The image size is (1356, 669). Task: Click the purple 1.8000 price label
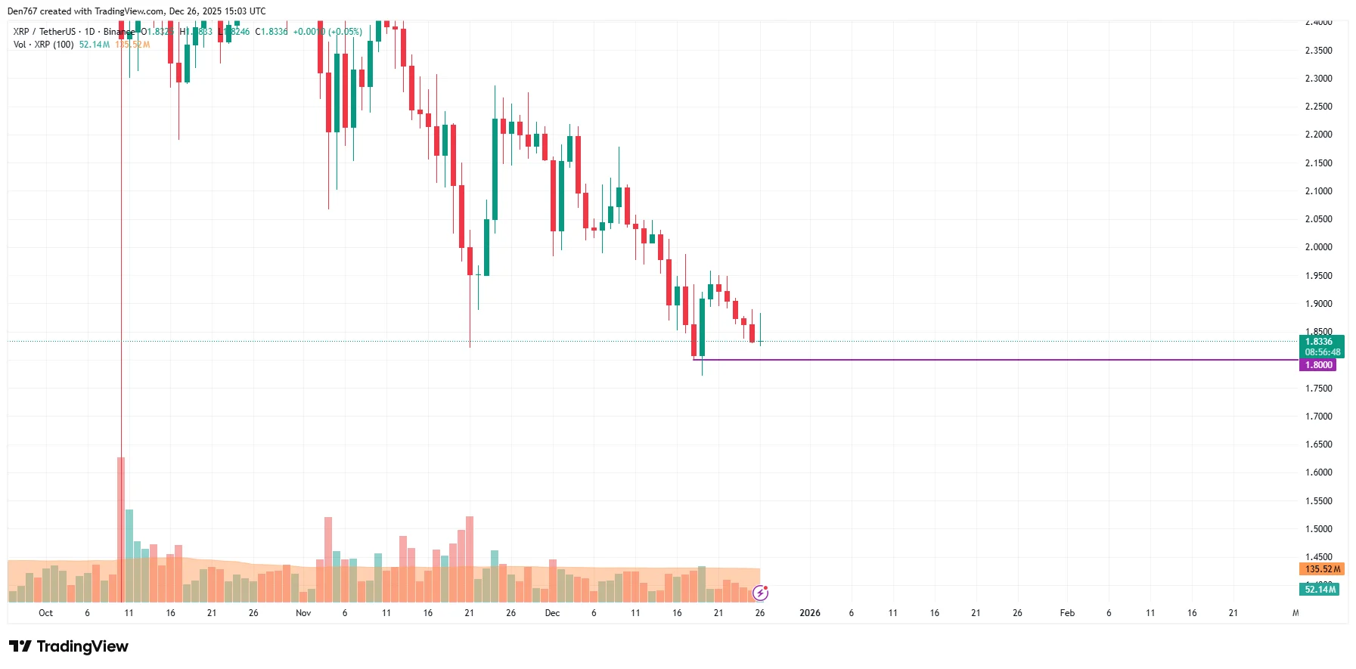pyautogui.click(x=1318, y=365)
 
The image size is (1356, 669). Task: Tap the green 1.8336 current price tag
pyautogui.click(x=1321, y=342)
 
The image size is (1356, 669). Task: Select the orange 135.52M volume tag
pyautogui.click(x=1322, y=569)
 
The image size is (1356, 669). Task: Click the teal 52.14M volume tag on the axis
pyautogui.click(x=1320, y=590)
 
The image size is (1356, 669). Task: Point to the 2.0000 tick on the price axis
pyautogui.click(x=1318, y=247)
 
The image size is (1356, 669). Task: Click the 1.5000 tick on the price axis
pyautogui.click(x=1318, y=529)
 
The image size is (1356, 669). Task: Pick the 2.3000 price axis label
pyautogui.click(x=1318, y=79)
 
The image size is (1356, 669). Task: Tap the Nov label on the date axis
pyautogui.click(x=303, y=613)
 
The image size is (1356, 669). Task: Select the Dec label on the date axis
pyautogui.click(x=552, y=613)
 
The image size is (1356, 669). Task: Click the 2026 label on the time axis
pyautogui.click(x=810, y=613)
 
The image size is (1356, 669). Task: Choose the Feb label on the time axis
pyautogui.click(x=1067, y=613)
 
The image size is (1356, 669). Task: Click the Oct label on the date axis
pyautogui.click(x=45, y=613)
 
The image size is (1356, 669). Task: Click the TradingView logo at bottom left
pyautogui.click(x=69, y=646)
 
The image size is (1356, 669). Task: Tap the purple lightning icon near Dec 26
pyautogui.click(x=761, y=593)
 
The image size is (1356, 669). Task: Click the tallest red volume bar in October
pyautogui.click(x=121, y=529)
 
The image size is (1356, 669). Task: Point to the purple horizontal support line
pyautogui.click(x=983, y=360)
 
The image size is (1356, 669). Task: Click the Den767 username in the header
pyautogui.click(x=22, y=11)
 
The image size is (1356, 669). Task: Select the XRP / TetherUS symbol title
pyautogui.click(x=45, y=32)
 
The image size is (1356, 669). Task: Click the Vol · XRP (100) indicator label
pyautogui.click(x=44, y=45)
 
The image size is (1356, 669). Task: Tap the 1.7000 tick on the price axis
pyautogui.click(x=1318, y=417)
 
